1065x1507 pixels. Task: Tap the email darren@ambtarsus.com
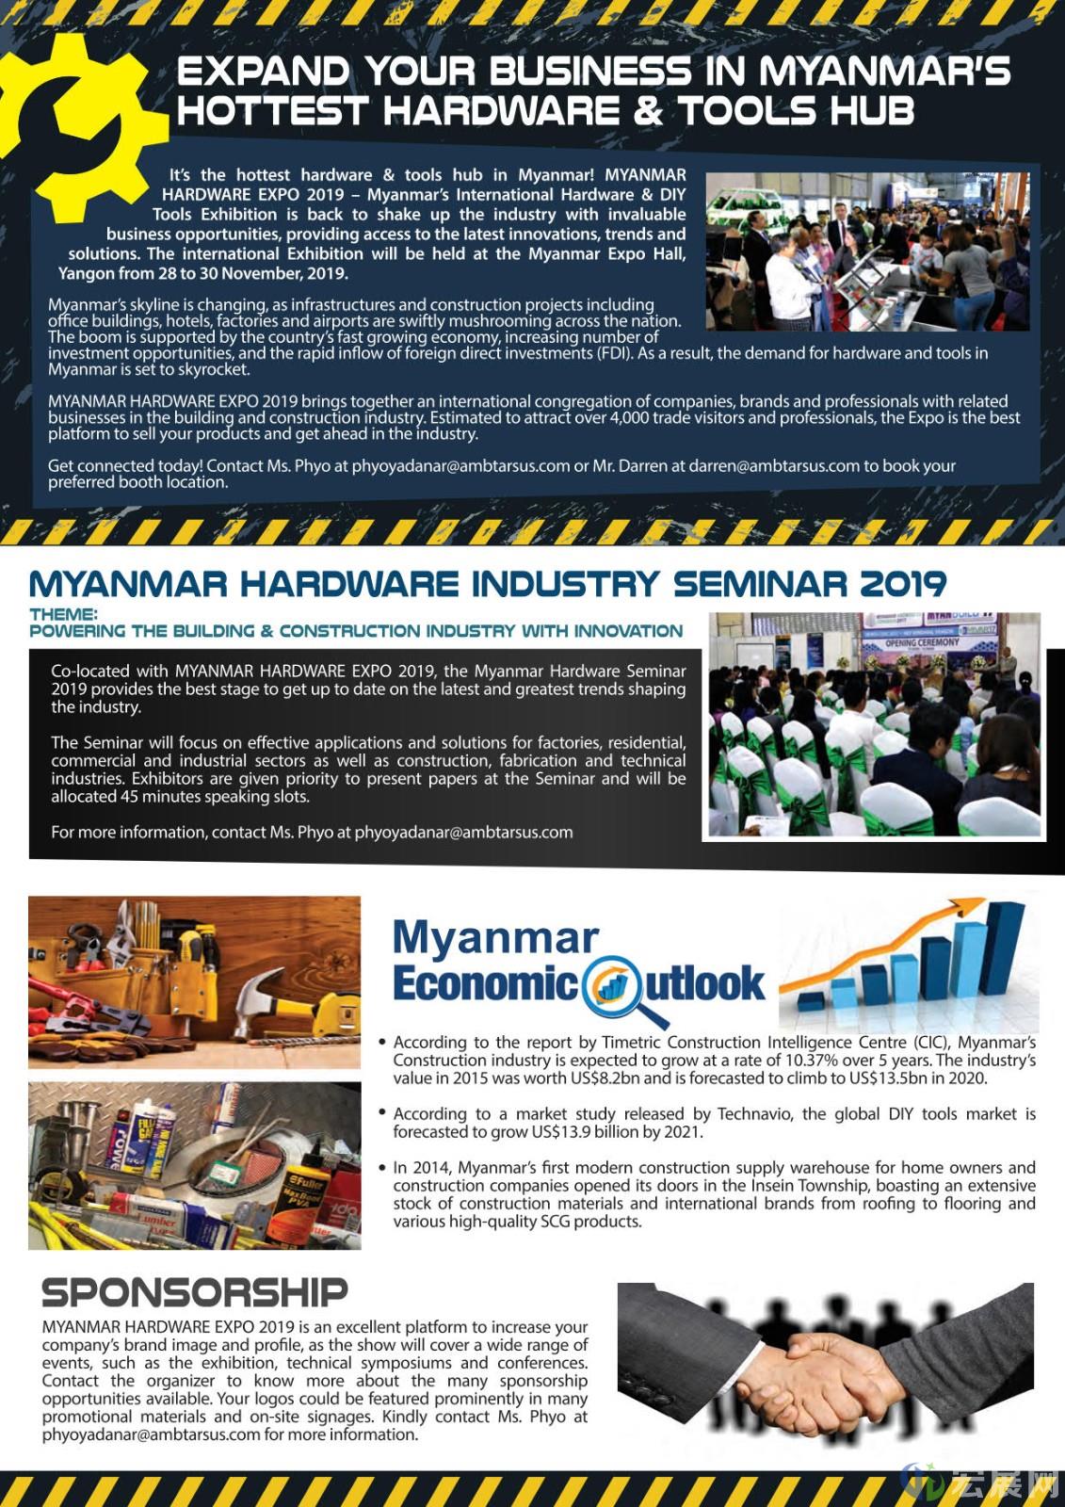point(774,465)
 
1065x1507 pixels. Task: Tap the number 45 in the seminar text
point(137,796)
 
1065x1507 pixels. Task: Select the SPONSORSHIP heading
point(194,1292)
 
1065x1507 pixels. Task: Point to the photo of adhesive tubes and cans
point(194,1165)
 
